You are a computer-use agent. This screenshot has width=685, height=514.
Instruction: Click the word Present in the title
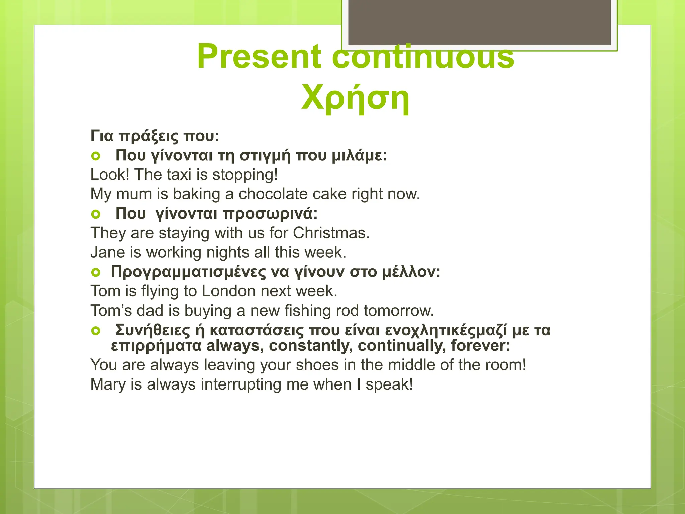pyautogui.click(x=259, y=56)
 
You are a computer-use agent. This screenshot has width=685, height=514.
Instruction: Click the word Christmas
pyautogui.click(x=331, y=233)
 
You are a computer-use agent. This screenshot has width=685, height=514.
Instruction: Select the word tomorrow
pyautogui.click(x=398, y=311)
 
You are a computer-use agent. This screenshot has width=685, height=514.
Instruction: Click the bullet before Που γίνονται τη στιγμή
pyautogui.click(x=96, y=156)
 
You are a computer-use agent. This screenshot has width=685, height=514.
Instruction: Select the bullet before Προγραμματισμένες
pyautogui.click(x=96, y=272)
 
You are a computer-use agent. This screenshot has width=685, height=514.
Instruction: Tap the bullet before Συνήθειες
pyautogui.click(x=96, y=331)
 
